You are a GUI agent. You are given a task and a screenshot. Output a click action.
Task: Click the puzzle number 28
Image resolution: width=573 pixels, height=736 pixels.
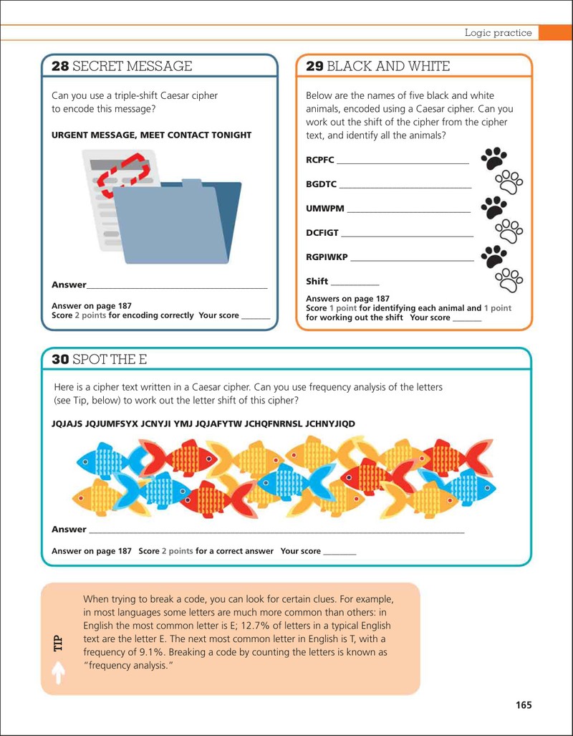(60, 66)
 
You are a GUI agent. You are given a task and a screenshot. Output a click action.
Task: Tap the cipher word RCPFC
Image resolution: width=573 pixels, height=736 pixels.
(320, 160)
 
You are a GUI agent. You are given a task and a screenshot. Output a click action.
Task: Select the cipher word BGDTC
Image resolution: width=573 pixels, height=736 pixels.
(322, 184)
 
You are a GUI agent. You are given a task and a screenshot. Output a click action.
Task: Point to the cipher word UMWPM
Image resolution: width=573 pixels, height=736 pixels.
(324, 209)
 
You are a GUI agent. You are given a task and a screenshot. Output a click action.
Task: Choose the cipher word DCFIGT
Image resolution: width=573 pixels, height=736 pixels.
(322, 233)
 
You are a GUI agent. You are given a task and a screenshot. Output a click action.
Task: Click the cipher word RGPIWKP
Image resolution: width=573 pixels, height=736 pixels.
(327, 257)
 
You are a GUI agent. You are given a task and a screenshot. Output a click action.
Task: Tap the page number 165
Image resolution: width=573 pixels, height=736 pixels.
(524, 705)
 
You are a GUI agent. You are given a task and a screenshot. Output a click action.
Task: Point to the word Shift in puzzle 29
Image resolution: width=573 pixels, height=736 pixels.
(317, 281)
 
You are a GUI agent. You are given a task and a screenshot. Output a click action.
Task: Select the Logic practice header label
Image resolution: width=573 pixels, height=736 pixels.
(499, 33)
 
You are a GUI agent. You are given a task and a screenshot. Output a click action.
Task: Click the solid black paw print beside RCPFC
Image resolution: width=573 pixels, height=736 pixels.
(493, 158)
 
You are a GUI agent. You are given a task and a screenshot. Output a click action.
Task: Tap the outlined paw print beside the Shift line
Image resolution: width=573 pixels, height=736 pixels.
(509, 279)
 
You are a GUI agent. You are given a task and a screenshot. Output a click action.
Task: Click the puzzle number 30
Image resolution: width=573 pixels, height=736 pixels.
(60, 360)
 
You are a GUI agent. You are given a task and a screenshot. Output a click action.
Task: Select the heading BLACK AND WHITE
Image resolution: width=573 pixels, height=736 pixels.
(388, 66)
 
